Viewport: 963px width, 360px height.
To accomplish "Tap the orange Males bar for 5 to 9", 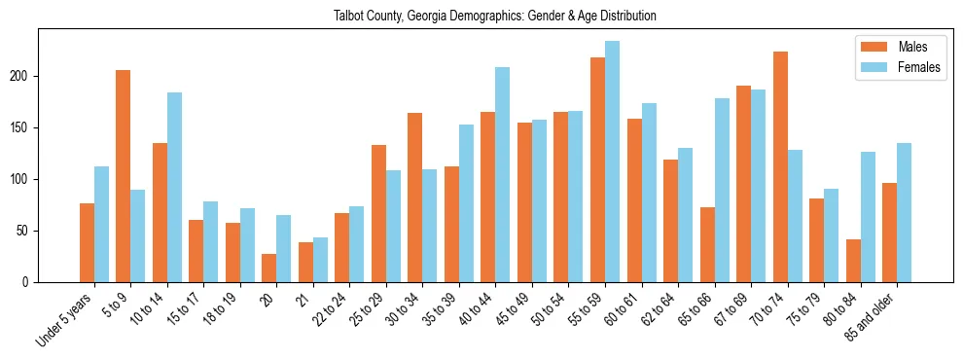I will pyautogui.click(x=124, y=176).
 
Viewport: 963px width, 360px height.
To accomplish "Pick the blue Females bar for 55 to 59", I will pyautogui.click(x=612, y=162).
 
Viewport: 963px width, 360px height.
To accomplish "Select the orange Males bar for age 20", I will pyautogui.click(x=269, y=268).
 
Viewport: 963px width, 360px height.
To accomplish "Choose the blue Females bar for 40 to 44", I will pyautogui.click(x=503, y=175).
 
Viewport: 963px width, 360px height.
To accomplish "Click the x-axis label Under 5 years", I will pyautogui.click(x=65, y=318).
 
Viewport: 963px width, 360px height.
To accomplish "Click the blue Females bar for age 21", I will pyautogui.click(x=320, y=260).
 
